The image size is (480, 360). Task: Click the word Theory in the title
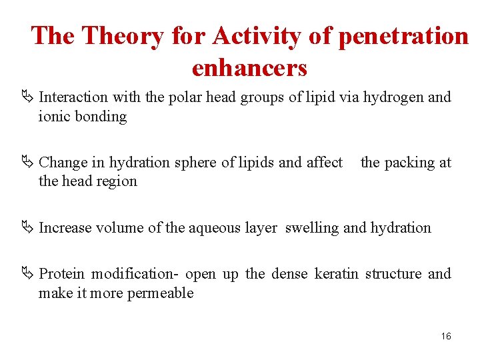tap(123, 36)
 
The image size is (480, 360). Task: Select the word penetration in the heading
tap(403, 36)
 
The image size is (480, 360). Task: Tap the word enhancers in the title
tap(249, 67)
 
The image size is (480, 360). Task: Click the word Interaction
tap(73, 97)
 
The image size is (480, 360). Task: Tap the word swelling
tap(312, 228)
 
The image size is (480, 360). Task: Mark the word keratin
tap(336, 274)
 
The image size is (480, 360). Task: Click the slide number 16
tap(446, 336)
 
